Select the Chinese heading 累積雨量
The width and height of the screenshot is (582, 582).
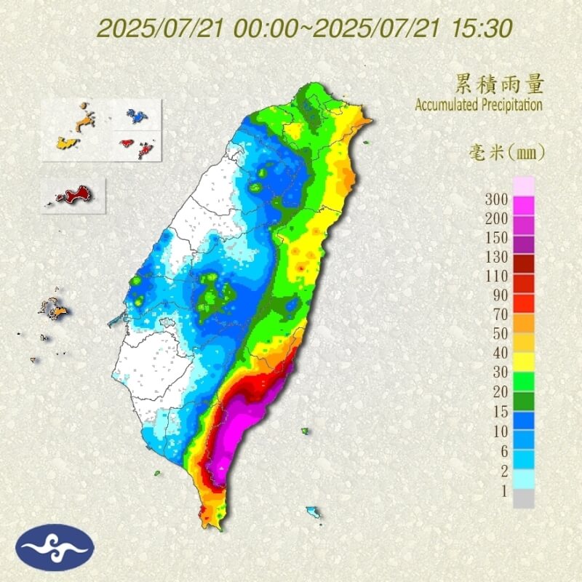point(500,83)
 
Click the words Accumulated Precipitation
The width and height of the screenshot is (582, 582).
point(479,105)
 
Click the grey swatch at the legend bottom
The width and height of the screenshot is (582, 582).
point(524,498)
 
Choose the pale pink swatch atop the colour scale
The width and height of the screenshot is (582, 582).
point(524,186)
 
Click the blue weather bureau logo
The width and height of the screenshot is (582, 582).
point(55,547)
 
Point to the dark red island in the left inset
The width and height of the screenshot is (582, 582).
point(73,195)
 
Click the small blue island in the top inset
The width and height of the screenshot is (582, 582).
point(135,115)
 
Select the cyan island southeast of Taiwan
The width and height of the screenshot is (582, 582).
point(314,512)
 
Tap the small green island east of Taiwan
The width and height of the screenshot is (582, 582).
point(305,431)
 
